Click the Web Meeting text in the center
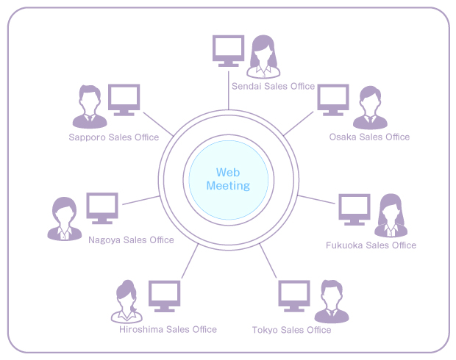[x=228, y=179]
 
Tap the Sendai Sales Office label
[x=273, y=86]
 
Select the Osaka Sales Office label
[x=369, y=137]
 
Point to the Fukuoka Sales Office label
[x=371, y=245]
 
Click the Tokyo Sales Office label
[x=291, y=330]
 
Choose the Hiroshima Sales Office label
[x=168, y=329]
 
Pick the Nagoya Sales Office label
[x=131, y=240]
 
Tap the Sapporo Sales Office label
[x=114, y=137]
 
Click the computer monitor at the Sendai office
[x=227, y=51]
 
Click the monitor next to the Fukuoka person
[x=354, y=209]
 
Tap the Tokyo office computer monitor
[x=293, y=296]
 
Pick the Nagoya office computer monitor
[x=102, y=208]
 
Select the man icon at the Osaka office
[x=370, y=108]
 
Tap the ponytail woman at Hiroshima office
[x=127, y=302]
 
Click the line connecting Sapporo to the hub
[x=157, y=125]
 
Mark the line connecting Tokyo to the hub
[x=268, y=260]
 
